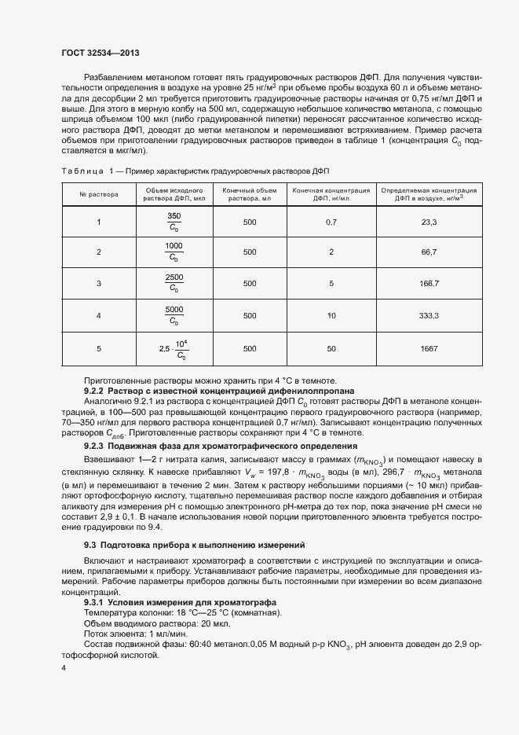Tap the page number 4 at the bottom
pos(64,667)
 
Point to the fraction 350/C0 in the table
pos(174,222)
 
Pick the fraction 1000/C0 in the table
pos(174,252)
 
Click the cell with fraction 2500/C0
pos(174,283)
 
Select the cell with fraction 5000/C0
pos(174,315)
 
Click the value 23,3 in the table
pos(429,222)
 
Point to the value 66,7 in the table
pos(429,252)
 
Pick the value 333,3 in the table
pos(429,315)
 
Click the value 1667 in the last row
pos(429,347)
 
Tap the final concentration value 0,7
pos(331,222)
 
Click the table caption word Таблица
pos(82,171)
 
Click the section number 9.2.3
pos(94,447)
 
